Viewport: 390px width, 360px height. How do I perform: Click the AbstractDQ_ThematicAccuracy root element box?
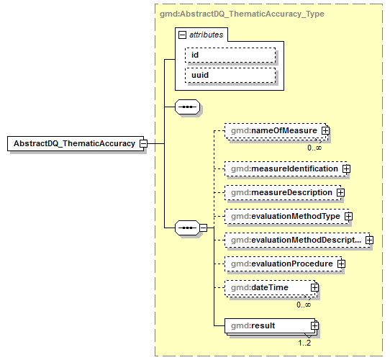73,143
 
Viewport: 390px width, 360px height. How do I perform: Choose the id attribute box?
230,55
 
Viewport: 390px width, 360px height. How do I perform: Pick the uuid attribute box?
230,75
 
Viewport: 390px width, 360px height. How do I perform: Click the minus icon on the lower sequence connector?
203,228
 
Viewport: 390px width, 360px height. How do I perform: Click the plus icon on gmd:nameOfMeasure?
325,131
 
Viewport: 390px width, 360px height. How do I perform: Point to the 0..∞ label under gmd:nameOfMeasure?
314,148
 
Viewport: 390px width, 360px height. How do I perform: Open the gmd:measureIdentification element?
282,168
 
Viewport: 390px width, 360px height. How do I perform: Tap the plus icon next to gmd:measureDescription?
340,193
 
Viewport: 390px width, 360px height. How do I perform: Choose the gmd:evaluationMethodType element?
284,216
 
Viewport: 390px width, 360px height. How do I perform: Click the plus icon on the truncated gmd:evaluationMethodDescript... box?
369,240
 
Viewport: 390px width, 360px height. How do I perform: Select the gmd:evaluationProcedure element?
280,264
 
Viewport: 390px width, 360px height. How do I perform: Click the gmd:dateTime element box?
267,288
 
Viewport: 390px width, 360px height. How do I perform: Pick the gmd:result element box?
267,327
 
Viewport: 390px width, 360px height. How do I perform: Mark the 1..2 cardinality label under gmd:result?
305,343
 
